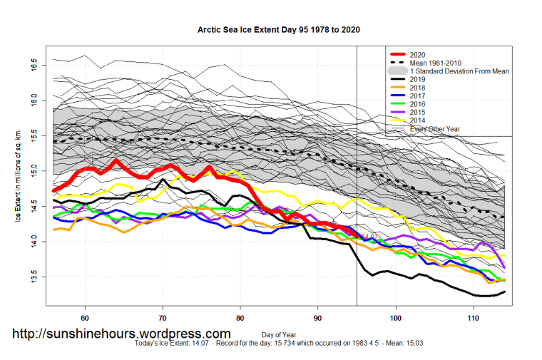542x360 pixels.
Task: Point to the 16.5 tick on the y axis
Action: click(38, 66)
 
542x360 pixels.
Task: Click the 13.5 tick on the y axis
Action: click(38, 277)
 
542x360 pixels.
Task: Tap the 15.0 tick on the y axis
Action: click(38, 171)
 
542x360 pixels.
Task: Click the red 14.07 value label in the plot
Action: click(368, 237)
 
